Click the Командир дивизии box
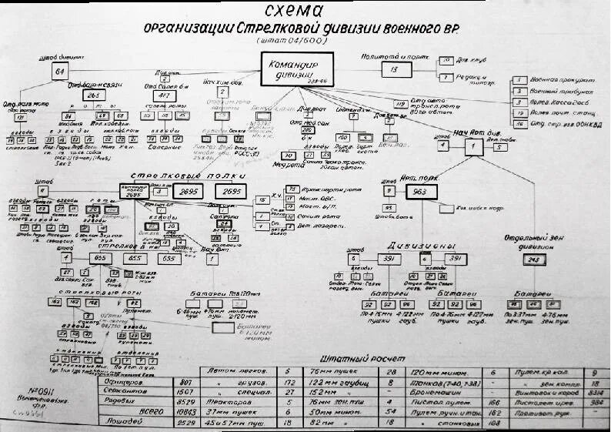(297, 69)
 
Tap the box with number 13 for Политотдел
(395, 70)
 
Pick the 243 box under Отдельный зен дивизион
(533, 260)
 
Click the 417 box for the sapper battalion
(165, 96)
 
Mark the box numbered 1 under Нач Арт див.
(474, 146)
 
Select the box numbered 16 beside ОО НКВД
(520, 123)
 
